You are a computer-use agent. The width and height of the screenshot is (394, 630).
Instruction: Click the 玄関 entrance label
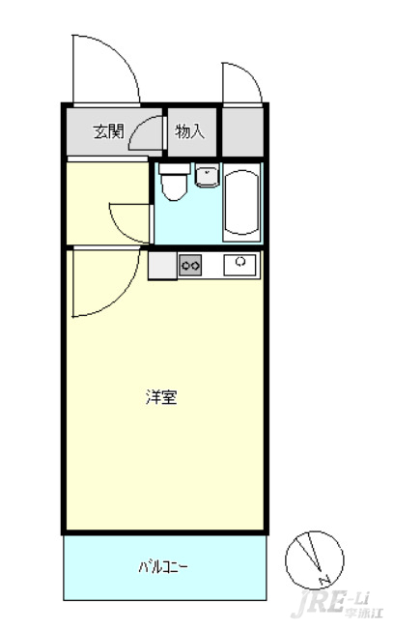point(108,131)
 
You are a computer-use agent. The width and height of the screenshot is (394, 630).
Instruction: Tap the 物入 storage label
point(190,131)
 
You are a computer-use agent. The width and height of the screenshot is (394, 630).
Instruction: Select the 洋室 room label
point(161,397)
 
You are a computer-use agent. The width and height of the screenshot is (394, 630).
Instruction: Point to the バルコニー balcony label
point(163,567)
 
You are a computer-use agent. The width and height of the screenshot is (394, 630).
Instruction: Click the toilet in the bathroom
point(174,182)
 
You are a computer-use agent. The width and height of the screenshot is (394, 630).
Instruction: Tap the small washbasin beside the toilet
point(208,176)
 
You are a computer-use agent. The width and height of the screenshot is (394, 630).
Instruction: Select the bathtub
point(241,203)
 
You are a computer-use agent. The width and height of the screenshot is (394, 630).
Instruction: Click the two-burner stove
point(190,265)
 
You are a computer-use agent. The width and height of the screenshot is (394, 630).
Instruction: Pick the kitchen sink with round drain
point(239,265)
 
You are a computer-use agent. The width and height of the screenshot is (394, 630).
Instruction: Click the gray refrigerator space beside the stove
point(162,265)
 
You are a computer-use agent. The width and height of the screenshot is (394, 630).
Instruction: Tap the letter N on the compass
point(324,580)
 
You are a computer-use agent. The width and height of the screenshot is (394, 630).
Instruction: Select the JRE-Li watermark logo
point(337,605)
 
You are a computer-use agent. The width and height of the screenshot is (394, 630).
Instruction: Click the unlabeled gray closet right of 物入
point(242,132)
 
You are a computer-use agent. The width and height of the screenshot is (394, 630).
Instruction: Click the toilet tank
point(175,168)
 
